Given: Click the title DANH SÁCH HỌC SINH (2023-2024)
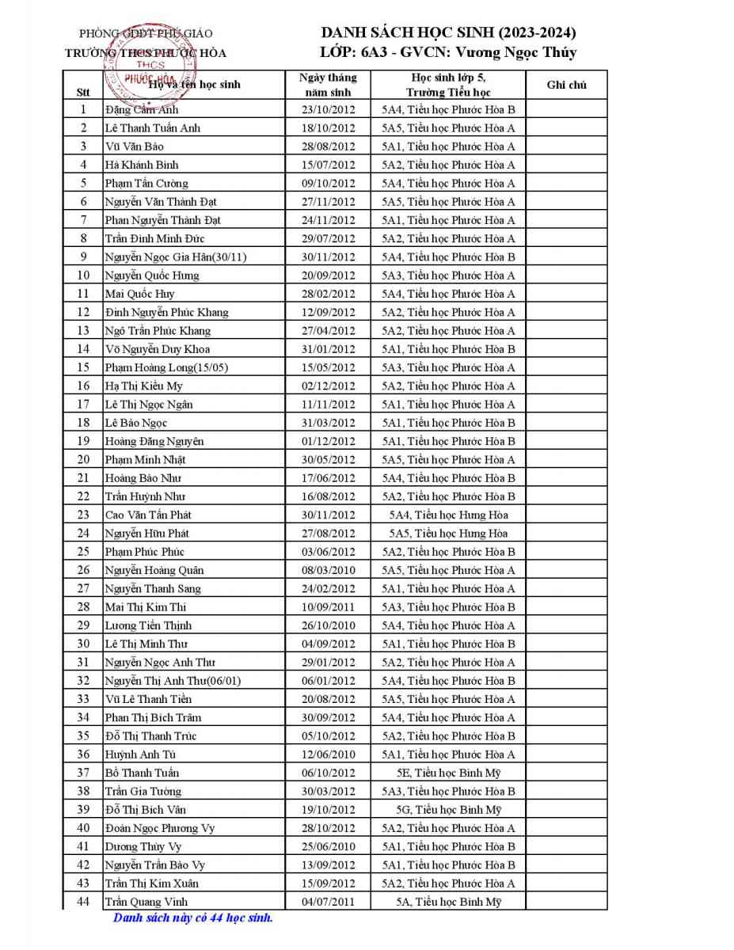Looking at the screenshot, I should [448, 32].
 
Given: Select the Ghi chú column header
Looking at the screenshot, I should [566, 85].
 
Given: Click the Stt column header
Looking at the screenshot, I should [83, 91].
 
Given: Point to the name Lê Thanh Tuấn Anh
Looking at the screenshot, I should [153, 128].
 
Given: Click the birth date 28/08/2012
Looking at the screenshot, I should [329, 146].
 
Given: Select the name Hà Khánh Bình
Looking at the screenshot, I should [142, 165].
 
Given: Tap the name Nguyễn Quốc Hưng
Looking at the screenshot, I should [152, 275].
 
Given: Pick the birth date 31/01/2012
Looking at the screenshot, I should [329, 349].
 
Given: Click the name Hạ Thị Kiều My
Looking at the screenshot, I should [144, 386].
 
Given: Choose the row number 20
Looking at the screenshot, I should [83, 459].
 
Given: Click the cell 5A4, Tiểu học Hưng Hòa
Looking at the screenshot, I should [448, 515].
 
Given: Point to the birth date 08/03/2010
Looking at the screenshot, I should [329, 570].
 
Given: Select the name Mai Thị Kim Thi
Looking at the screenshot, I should [146, 607].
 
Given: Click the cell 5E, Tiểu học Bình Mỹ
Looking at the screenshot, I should [448, 773].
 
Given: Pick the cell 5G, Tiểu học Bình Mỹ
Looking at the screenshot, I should [448, 810].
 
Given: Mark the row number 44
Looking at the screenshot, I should [83, 901].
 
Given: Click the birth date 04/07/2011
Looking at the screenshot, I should [329, 902].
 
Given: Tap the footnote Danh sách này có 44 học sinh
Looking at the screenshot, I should [193, 918].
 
